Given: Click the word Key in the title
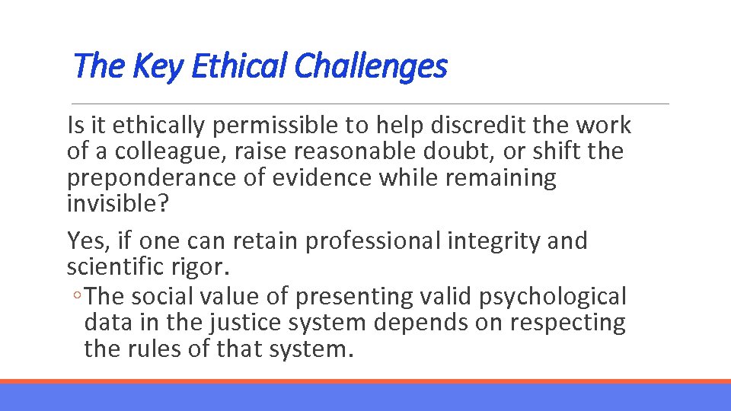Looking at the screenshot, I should click(158, 66).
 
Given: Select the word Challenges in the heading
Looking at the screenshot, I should click(370, 66).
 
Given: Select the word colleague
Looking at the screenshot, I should click(171, 151).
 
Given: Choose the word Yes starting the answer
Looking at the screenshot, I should click(85, 241).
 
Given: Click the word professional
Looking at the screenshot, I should click(372, 241).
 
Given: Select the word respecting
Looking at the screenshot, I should click(567, 323).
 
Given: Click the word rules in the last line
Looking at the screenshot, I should click(147, 349).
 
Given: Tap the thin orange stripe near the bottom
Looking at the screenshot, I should click(365, 381).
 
